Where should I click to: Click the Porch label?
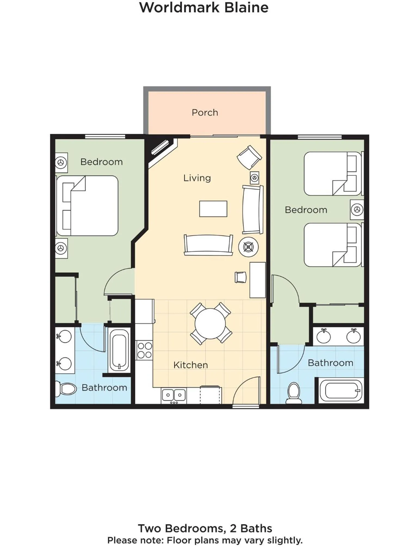[205, 113]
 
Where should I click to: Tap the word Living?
[197, 178]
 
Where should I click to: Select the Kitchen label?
[190, 365]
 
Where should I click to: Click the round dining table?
[210, 323]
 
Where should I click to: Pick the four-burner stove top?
[144, 350]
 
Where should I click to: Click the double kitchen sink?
[174, 395]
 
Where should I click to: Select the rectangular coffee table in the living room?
[213, 209]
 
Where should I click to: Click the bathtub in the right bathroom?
[341, 391]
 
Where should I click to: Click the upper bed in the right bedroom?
[332, 174]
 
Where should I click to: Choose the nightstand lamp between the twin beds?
[357, 210]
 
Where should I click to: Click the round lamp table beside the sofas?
[248, 247]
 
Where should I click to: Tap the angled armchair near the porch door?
[249, 157]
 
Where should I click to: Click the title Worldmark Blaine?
[204, 7]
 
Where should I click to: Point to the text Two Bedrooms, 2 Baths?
[205, 528]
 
